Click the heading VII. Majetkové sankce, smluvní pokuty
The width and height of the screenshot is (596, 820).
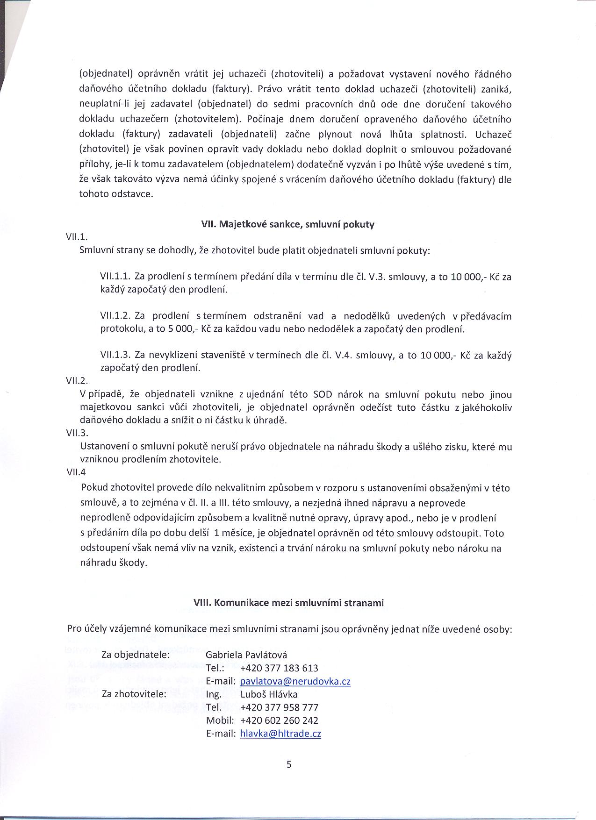coord(287,224)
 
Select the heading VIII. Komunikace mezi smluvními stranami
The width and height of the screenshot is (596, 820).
coord(288,603)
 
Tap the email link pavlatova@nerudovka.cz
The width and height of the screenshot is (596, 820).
coord(295,681)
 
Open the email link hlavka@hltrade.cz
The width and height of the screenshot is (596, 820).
coord(280,734)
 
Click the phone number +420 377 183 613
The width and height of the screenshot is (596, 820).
coord(279,668)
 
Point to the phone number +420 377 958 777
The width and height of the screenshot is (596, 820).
coord(279,707)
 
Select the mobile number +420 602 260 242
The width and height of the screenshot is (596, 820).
coord(279,720)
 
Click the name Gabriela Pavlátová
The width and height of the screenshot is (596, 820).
coord(246,655)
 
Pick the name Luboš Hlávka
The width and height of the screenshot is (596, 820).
coord(269,694)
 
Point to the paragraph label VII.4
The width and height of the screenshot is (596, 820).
coord(76,472)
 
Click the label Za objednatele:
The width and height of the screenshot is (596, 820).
coord(135,655)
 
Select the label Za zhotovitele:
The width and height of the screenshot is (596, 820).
coord(134,694)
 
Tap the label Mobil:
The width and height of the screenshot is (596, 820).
coord(220,720)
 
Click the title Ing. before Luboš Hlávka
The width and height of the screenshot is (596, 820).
coord(214,695)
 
